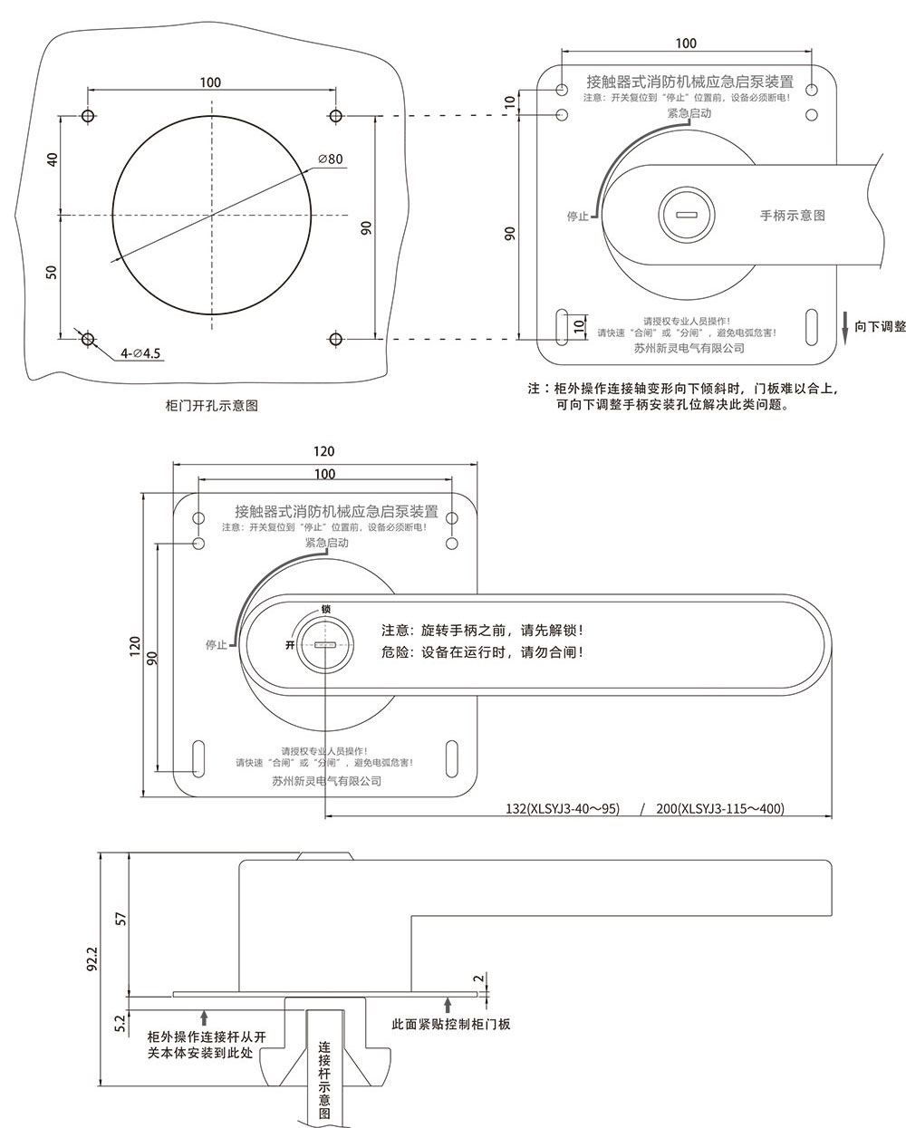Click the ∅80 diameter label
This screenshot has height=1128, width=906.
click(331, 159)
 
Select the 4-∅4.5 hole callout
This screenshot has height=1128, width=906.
click(140, 353)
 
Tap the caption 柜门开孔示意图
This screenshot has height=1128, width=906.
click(212, 406)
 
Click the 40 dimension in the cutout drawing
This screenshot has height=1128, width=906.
click(52, 159)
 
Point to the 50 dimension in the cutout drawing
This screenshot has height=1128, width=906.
click(51, 272)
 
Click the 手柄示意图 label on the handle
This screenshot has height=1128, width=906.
click(793, 216)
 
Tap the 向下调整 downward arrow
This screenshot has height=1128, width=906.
click(845, 329)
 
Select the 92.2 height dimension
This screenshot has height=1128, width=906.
click(92, 959)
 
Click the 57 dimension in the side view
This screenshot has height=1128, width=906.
click(121, 919)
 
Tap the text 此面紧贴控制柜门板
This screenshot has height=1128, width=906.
click(451, 1024)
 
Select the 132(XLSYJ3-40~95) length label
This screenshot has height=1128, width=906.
click(563, 808)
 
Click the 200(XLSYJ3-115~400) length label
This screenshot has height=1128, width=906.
click(720, 808)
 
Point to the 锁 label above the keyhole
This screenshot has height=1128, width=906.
click(326, 609)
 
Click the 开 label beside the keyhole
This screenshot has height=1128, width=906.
click(290, 645)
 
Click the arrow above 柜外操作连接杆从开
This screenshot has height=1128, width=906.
click(204, 1018)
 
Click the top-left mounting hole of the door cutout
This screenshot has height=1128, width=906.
click(88, 115)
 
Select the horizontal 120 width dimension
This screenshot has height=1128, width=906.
click(324, 451)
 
